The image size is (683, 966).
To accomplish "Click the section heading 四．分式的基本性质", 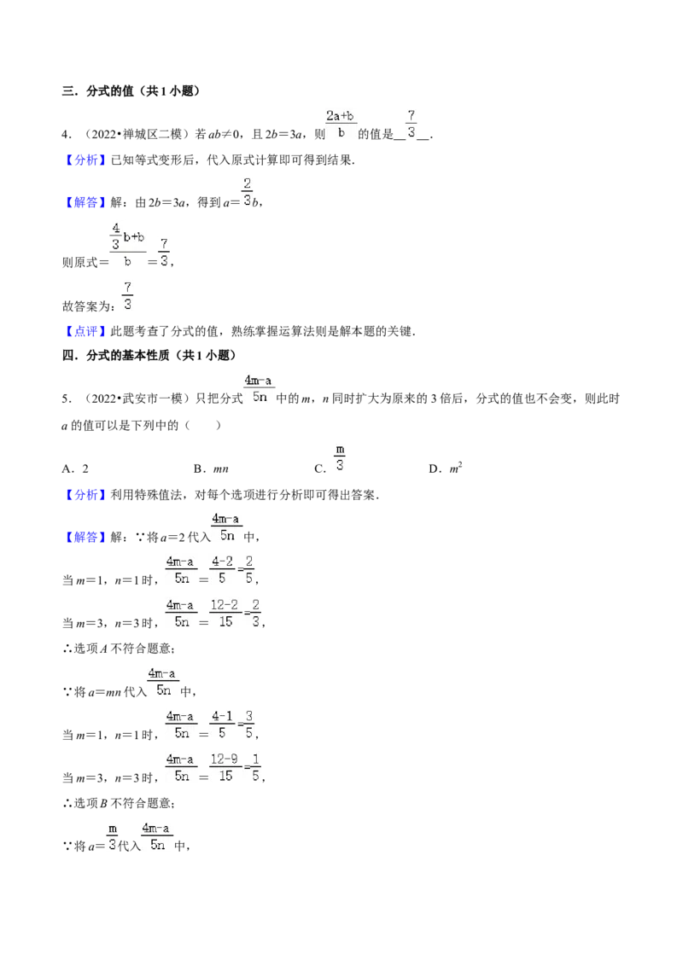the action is pyautogui.click(x=115, y=355).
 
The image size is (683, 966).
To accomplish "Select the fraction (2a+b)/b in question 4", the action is pyautogui.click(x=341, y=124).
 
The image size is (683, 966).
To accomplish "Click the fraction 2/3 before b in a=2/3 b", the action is pyautogui.click(x=248, y=192).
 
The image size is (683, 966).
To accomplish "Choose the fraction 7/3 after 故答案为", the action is pyautogui.click(x=127, y=296).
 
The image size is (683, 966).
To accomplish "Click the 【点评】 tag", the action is pyautogui.click(x=85, y=331).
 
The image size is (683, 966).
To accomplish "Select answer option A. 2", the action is pyautogui.click(x=75, y=468).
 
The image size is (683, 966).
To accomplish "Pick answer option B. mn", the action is pyautogui.click(x=211, y=468).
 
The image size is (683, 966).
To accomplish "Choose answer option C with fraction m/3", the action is pyautogui.click(x=330, y=460).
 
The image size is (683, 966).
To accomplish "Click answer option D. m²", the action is pyautogui.click(x=446, y=468).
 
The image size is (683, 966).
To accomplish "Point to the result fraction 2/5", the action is pyautogui.click(x=249, y=570).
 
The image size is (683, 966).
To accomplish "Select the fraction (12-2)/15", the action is pyautogui.click(x=225, y=614).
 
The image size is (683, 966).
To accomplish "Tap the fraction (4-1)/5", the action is pyautogui.click(x=223, y=724).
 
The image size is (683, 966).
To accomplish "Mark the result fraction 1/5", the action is pyautogui.click(x=256, y=768).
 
